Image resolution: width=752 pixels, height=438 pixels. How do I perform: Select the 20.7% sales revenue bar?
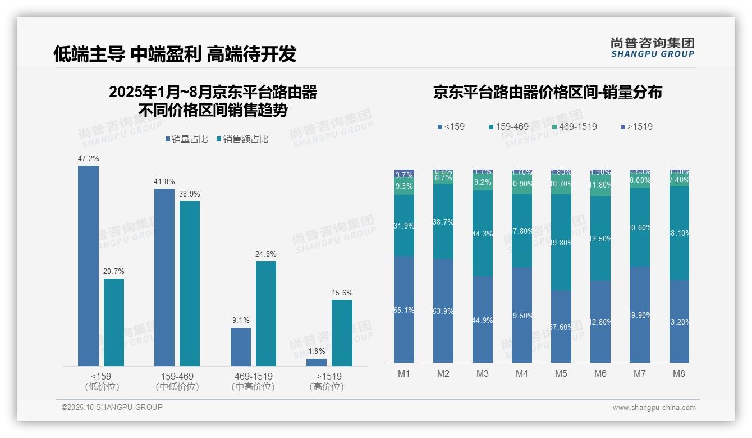click(114, 322)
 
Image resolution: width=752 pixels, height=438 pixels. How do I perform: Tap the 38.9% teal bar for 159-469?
click(190, 284)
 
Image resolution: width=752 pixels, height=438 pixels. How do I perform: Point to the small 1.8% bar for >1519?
click(317, 362)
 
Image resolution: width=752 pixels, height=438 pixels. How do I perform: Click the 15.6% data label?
click(342, 293)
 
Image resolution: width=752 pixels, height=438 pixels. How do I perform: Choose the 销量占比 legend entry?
click(186, 139)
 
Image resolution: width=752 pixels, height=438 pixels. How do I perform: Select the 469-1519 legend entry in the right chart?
click(574, 127)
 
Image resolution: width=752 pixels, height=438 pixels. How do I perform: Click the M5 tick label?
click(561, 374)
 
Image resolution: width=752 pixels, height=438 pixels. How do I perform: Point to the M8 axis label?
click(678, 374)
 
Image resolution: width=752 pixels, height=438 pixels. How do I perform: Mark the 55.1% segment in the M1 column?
click(404, 310)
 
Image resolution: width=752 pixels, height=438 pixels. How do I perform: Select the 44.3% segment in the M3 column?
click(483, 234)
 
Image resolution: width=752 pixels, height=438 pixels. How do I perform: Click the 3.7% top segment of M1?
click(404, 175)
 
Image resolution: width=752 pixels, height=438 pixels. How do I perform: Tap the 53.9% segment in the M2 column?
click(443, 311)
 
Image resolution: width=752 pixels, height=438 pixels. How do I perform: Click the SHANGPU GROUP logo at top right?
click(652, 48)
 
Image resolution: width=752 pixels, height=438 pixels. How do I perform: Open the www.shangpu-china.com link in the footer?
click(654, 408)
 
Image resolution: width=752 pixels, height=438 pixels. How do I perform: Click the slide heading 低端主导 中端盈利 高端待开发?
click(175, 54)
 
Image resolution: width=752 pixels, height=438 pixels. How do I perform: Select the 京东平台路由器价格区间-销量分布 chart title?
click(547, 92)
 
